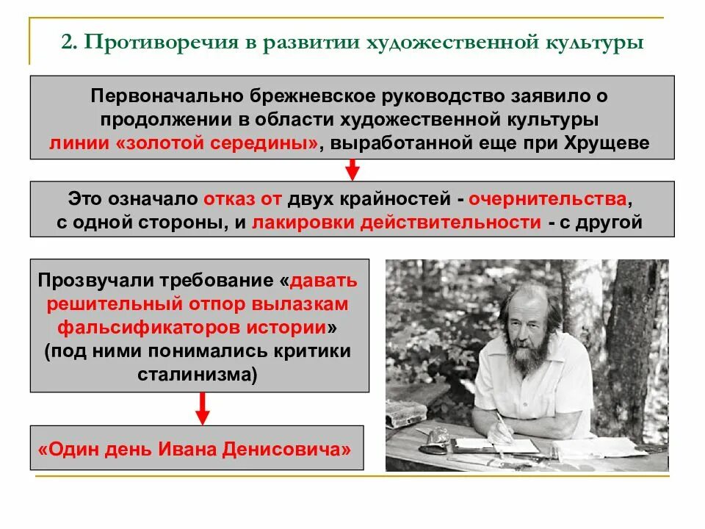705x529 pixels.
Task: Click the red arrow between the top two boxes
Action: tap(352, 170)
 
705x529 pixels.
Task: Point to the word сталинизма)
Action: tap(198, 373)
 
